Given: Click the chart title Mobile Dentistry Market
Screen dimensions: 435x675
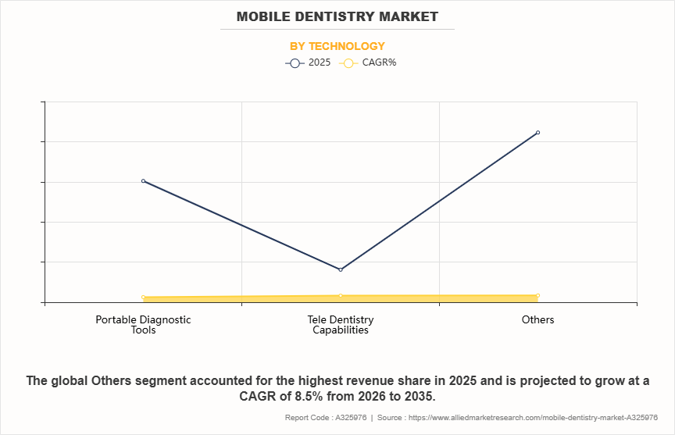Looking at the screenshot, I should tap(337, 16).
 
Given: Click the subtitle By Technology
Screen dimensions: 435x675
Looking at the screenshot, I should tap(337, 46).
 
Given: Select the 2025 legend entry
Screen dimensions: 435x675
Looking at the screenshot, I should tap(308, 62).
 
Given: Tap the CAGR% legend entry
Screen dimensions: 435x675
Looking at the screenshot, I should tap(370, 62).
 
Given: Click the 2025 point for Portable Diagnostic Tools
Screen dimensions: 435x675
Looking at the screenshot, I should tap(143, 181).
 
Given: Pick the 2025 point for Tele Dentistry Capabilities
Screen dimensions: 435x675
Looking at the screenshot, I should tap(341, 269).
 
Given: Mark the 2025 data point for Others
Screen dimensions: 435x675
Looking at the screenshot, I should tap(538, 133).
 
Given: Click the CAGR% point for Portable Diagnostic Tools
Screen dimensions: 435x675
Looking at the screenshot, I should tap(143, 298).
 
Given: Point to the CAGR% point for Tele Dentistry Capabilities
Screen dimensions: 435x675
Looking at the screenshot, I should tap(341, 295).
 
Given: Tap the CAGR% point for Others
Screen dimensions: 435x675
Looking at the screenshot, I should tap(538, 295).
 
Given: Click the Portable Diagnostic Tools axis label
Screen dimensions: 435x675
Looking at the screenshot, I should tap(143, 324).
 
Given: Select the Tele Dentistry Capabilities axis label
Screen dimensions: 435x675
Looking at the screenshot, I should tap(341, 324).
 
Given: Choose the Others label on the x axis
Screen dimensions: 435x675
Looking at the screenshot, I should tap(538, 319).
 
